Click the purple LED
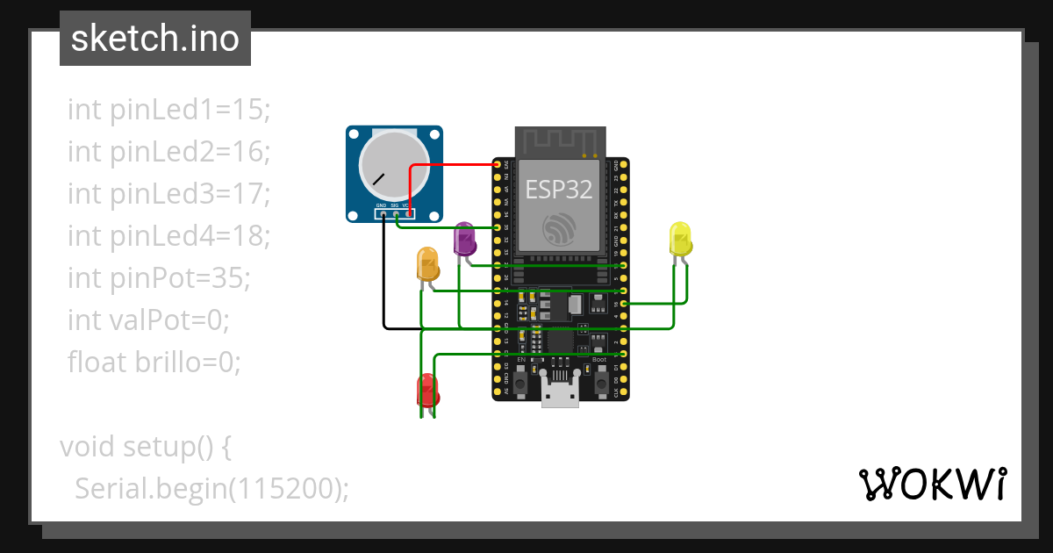[464, 240]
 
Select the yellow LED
[680, 239]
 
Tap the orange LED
[427, 264]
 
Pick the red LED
[427, 389]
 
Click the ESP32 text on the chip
[559, 189]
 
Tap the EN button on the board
[520, 382]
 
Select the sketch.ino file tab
[155, 39]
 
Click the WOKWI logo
[932, 484]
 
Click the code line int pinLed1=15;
[169, 110]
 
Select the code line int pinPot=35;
[159, 278]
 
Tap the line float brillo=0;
[154, 361]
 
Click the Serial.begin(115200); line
[211, 487]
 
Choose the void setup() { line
[146, 446]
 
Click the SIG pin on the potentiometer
[396, 213]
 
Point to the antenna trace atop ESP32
[559, 141]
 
